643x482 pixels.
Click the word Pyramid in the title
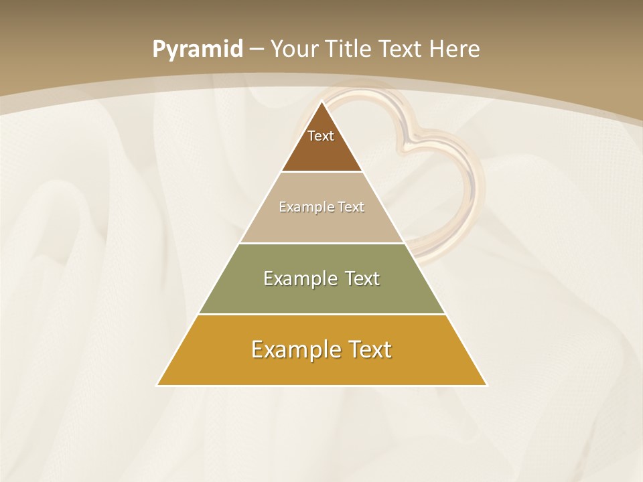coord(197,49)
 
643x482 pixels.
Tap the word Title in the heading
coord(351,49)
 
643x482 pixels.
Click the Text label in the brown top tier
coord(321,136)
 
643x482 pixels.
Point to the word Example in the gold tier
coord(288,349)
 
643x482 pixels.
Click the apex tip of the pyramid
coord(321,102)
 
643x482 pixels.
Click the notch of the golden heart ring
coord(409,137)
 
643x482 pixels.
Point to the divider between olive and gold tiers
coord(321,314)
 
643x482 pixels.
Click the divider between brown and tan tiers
coord(321,172)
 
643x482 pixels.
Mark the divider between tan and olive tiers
coord(321,243)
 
